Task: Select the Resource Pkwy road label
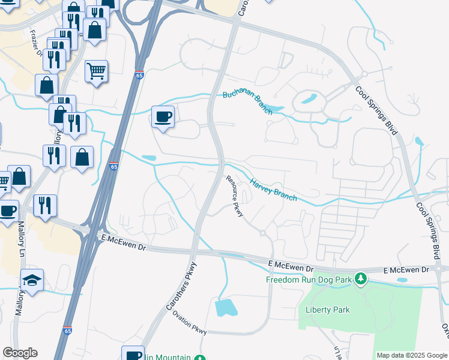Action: click(234, 196)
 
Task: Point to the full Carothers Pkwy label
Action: click(181, 293)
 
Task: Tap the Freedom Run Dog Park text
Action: click(309, 279)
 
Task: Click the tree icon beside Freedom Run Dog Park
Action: click(360, 278)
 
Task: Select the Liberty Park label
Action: click(327, 310)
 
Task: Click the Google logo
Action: click(20, 353)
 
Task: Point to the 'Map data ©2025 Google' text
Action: click(412, 355)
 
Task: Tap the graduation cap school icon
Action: click(32, 280)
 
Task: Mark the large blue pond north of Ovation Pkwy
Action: click(226, 307)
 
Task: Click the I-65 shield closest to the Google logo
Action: click(67, 331)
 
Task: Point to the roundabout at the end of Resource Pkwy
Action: click(262, 233)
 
